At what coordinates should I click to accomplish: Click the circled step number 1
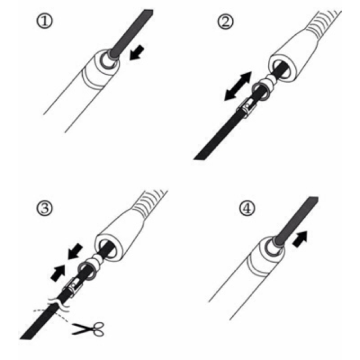pyautogui.click(x=45, y=21)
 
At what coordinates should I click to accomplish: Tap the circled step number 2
pyautogui.click(x=225, y=22)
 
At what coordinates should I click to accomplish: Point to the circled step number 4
pyautogui.click(x=247, y=208)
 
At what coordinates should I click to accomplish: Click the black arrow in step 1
pyautogui.click(x=137, y=53)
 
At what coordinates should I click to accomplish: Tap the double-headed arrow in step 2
pyautogui.click(x=238, y=86)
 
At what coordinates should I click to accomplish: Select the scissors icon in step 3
pyautogui.click(x=88, y=329)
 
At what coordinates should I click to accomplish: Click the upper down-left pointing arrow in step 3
pyautogui.click(x=75, y=251)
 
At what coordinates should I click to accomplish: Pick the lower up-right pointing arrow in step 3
pyautogui.click(x=58, y=273)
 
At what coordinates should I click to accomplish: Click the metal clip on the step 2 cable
pyautogui.click(x=247, y=107)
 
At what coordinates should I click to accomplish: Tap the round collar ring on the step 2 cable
pyautogui.click(x=261, y=91)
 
